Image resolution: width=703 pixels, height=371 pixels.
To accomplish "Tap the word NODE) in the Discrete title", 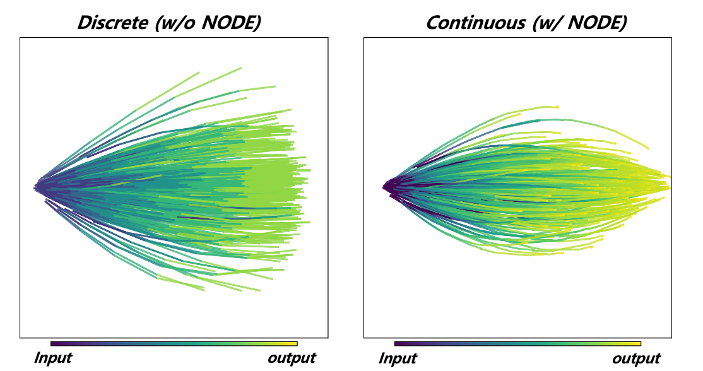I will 225,23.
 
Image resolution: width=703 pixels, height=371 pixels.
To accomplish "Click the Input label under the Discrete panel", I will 52,358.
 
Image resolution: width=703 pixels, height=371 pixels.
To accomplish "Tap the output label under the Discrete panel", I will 291,358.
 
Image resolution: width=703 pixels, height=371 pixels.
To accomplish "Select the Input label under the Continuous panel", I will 398,359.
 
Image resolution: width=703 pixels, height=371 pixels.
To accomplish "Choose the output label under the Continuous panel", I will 635,359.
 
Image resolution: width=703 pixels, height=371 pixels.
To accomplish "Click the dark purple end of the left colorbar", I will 53,344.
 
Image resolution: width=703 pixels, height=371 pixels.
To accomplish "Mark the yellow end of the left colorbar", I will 295,344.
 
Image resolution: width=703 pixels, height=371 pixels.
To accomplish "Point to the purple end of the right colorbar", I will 397,344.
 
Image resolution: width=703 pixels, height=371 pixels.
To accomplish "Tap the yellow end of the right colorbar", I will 639,344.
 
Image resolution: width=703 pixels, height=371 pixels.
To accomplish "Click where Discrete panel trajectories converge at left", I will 36,187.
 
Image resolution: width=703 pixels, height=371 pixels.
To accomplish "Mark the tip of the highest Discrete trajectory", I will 241,68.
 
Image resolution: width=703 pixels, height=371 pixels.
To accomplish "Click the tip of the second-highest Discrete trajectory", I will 275,86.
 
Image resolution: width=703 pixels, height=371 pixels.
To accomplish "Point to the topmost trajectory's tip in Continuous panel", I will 558,107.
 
